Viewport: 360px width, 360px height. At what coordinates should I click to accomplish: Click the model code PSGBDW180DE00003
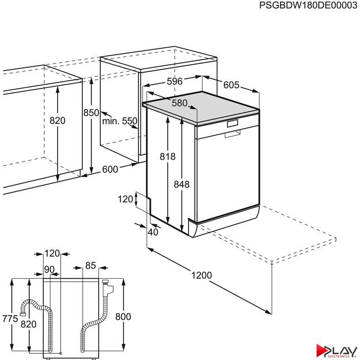pos(308,5)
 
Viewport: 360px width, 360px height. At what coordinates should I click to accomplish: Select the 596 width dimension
pos(174,81)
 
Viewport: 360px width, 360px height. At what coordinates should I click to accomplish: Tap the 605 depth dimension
pos(231,85)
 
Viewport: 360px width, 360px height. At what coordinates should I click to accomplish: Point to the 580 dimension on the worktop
pos(179,103)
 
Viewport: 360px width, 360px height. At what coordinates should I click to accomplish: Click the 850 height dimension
pos(91,113)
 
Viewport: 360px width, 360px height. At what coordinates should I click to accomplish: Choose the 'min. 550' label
pos(120,121)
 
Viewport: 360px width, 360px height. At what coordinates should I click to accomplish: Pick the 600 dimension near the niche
pos(110,169)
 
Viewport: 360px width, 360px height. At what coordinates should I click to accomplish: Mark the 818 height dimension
pos(168,156)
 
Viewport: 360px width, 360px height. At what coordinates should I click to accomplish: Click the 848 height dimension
pos(182,184)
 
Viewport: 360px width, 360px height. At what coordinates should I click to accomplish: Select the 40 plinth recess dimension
pos(153,232)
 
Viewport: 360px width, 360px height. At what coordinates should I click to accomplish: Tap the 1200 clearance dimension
pos(202,275)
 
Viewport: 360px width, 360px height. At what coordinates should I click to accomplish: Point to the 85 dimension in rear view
pos(91,265)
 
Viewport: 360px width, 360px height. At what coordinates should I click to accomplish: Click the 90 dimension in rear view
pos(49,270)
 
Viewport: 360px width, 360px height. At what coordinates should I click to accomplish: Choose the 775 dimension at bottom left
pos(10,319)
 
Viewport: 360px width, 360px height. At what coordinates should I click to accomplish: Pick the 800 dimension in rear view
pos(123,317)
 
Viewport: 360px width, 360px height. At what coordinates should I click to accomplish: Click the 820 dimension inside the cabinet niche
pos(58,120)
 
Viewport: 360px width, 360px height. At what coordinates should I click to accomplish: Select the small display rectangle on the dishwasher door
pos(232,123)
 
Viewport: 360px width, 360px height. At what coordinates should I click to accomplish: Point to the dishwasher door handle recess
pos(232,134)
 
